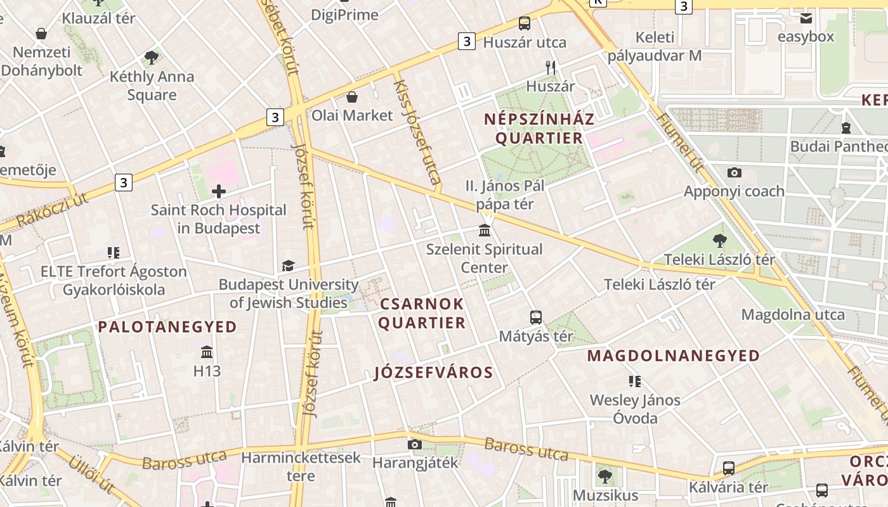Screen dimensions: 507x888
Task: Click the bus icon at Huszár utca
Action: pyautogui.click(x=525, y=23)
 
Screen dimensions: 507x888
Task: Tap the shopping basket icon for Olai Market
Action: pyautogui.click(x=352, y=97)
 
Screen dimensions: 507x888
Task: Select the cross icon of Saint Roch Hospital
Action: pyautogui.click(x=219, y=191)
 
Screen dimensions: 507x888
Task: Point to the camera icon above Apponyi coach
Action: pyautogui.click(x=735, y=172)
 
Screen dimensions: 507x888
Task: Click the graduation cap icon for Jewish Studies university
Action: pyautogui.click(x=289, y=266)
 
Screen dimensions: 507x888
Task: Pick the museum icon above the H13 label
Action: pyautogui.click(x=207, y=352)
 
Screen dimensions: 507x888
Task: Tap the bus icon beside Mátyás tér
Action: pyautogui.click(x=536, y=318)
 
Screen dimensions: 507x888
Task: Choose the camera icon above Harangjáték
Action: pyautogui.click(x=415, y=444)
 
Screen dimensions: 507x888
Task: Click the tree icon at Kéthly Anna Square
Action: pyautogui.click(x=152, y=58)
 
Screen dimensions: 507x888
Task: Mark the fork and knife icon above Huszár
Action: pyautogui.click(x=551, y=67)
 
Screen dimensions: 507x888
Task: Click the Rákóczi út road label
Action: pyautogui.click(x=53, y=210)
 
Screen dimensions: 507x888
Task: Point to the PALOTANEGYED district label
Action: pyautogui.click(x=167, y=327)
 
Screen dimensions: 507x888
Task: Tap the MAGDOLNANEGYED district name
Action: pyautogui.click(x=673, y=356)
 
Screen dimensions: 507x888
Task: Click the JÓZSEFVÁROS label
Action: pyautogui.click(x=433, y=373)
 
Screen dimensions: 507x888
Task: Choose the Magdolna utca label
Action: pyautogui.click(x=793, y=315)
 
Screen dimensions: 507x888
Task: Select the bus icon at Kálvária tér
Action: pyautogui.click(x=729, y=468)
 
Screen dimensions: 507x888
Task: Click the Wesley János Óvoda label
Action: pyautogui.click(x=635, y=409)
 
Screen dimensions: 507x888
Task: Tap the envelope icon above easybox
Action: pyautogui.click(x=806, y=18)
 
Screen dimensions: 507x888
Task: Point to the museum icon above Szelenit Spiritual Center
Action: pyautogui.click(x=485, y=230)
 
